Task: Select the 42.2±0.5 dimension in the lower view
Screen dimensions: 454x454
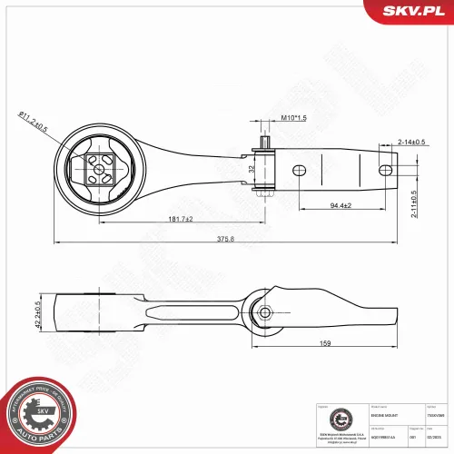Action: (x=39, y=314)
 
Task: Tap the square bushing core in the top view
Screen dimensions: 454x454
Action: (x=98, y=165)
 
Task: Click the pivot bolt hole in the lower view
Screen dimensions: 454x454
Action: (x=265, y=312)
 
